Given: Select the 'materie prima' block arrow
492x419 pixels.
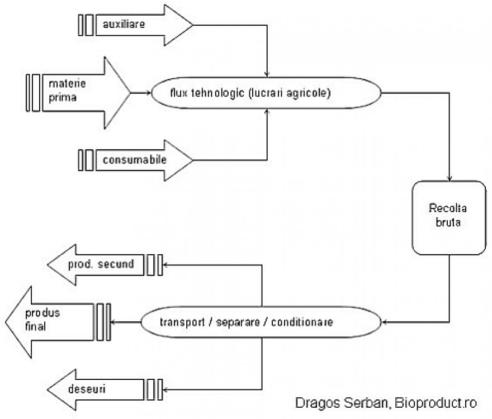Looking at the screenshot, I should [84, 91].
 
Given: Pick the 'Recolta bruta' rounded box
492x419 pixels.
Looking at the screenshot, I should [447, 217].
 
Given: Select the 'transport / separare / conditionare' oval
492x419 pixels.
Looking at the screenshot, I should [262, 322].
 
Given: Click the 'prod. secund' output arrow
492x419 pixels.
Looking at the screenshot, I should [101, 264].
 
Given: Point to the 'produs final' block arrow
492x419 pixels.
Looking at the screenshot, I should [50, 322].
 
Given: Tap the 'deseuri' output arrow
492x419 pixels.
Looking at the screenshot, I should [95, 387].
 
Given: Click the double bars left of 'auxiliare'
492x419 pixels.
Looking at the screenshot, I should [86, 25].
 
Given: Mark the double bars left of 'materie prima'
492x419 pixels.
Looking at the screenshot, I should [33, 92].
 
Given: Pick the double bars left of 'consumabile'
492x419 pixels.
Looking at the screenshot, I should [86, 160].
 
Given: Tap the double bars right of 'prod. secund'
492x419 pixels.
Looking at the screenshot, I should [154, 264].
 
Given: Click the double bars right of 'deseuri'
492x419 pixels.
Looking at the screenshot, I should [154, 387].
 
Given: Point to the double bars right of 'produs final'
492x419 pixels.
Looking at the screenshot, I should [103, 322].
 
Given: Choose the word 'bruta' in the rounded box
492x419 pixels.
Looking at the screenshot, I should [447, 226].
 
